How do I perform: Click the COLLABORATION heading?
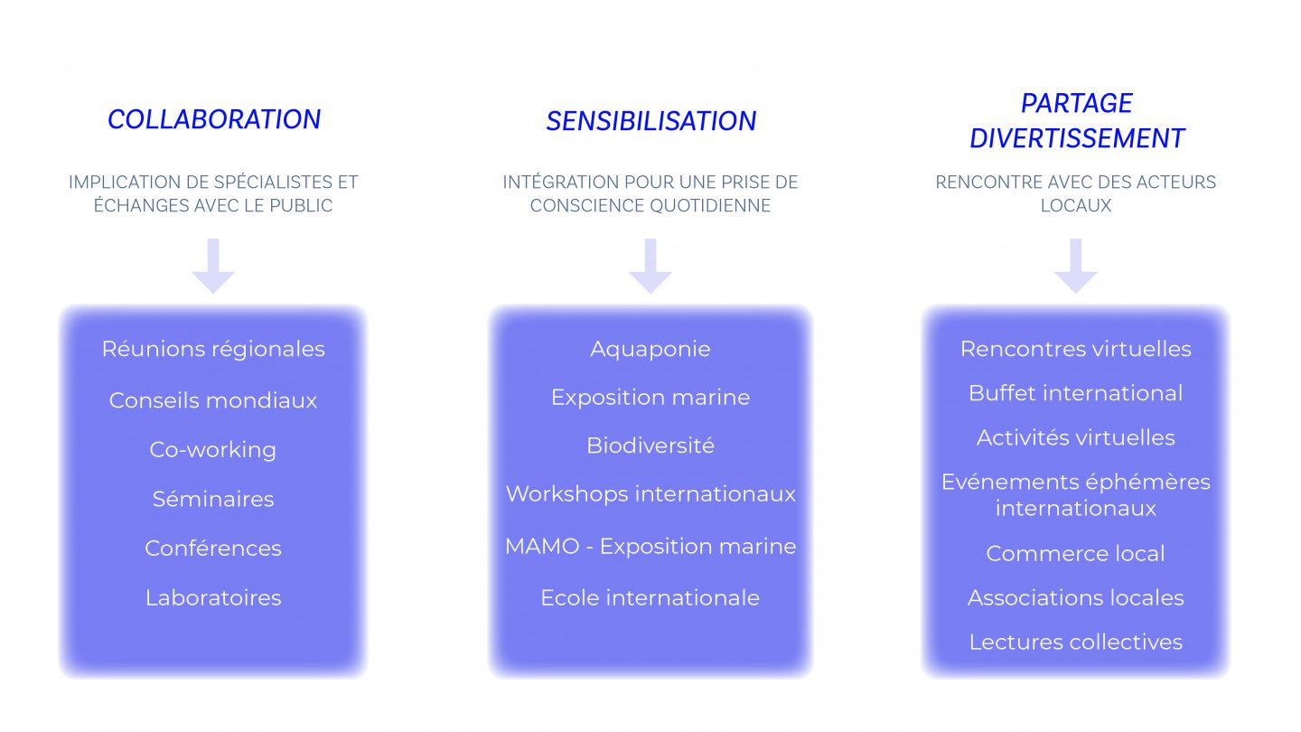pos(214,119)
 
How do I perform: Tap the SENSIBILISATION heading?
pos(650,121)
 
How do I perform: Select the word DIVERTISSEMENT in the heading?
pos(1076,138)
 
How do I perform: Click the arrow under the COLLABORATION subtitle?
pos(213,266)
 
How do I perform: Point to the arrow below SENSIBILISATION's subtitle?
pos(650,266)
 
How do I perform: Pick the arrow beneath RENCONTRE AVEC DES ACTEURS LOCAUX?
pos(1075,266)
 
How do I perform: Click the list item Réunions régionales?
pos(213,349)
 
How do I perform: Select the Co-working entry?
pos(213,449)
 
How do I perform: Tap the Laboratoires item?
pos(213,597)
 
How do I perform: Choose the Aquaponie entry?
pos(650,349)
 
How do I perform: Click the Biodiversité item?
pos(650,446)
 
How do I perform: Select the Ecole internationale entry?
pos(650,597)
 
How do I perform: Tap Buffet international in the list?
pos(1075,393)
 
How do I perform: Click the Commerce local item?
pos(1075,553)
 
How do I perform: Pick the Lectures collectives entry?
pos(1075,642)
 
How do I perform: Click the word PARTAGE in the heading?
pos(1076,103)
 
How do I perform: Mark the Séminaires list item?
pos(213,499)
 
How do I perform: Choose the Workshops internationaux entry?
pos(650,493)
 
